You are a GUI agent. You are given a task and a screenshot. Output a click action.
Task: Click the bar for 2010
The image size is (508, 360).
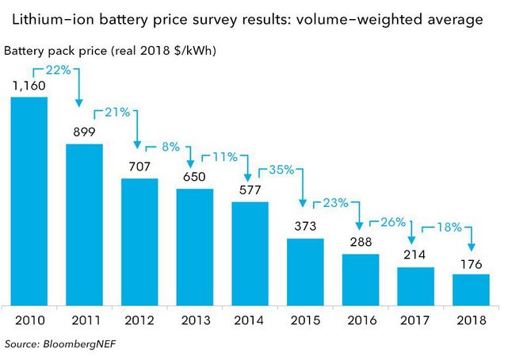point(29,201)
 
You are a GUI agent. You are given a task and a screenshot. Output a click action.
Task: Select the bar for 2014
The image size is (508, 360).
point(250,254)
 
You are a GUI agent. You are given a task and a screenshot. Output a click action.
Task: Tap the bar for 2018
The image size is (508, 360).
point(471,290)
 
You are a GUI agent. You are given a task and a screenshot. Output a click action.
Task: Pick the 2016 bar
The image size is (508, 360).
point(361,280)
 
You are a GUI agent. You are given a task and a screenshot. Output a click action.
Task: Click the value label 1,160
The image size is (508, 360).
point(29,86)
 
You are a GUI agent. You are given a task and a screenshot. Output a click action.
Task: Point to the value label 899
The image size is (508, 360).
point(84,132)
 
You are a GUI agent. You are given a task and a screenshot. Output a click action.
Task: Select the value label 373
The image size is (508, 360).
point(305,226)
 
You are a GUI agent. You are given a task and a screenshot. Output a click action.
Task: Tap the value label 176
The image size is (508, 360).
point(472,264)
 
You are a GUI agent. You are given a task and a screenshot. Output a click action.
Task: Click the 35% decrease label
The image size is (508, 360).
point(281,170)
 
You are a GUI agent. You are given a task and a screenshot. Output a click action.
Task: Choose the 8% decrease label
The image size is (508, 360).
point(170,147)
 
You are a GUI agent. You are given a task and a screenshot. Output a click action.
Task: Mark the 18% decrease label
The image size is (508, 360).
point(449,227)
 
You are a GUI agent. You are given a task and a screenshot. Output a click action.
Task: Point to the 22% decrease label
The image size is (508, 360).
point(59,70)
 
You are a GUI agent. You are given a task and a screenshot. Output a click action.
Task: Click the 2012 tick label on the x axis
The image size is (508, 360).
point(139,320)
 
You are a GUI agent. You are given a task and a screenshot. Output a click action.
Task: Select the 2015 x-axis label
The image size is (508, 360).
point(305,320)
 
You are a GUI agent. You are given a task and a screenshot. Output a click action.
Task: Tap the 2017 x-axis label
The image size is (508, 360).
point(414,320)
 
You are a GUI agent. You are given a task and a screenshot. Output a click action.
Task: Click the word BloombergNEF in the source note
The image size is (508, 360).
point(79,344)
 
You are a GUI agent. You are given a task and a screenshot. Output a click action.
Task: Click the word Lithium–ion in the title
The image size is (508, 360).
point(53,20)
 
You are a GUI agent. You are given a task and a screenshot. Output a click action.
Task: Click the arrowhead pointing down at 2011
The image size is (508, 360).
point(78,103)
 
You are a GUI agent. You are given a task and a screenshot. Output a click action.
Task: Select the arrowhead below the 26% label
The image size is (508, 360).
point(411,240)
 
